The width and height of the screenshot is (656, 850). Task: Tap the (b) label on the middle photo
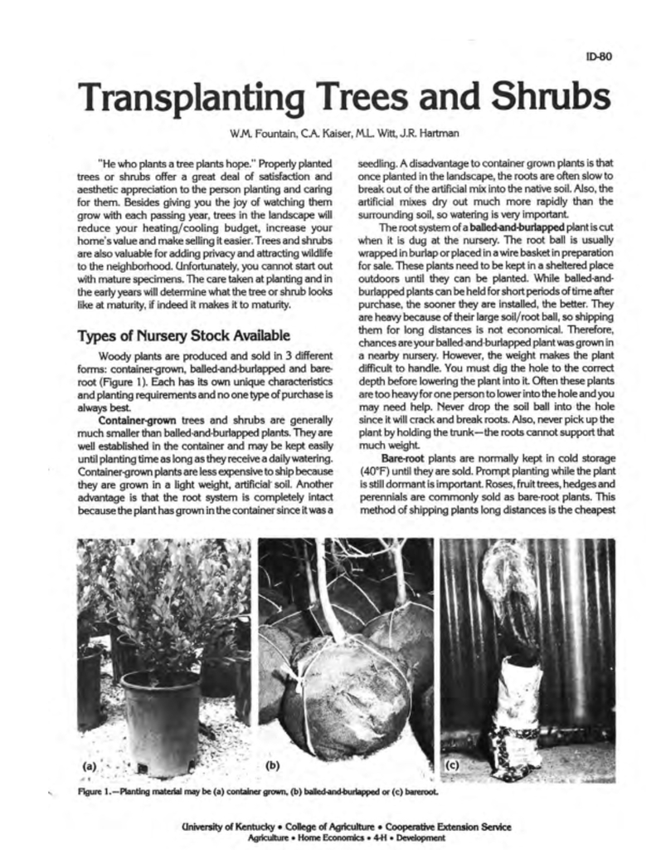point(272,766)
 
